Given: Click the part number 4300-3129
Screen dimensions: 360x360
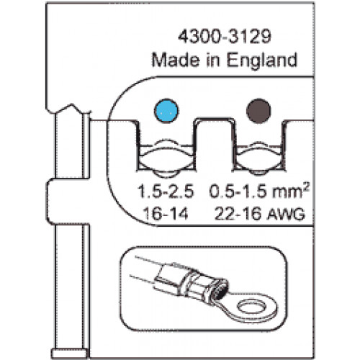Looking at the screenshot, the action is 225,37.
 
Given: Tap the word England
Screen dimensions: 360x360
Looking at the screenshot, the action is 261,60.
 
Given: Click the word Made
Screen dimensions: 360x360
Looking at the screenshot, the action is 176,60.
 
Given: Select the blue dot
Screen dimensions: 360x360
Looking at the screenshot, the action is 166,111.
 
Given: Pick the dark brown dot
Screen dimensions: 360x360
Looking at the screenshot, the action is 258,111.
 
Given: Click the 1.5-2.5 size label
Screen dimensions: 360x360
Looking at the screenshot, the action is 166,192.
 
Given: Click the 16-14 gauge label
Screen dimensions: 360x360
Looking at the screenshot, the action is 166,214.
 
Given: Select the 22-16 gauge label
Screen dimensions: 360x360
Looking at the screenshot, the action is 238,214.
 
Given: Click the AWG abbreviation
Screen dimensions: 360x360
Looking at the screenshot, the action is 286,215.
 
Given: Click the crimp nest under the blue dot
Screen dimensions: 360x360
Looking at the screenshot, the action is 166,156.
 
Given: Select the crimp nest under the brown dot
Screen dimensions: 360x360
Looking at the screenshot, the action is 258,156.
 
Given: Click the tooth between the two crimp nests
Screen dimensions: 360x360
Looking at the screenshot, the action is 215,144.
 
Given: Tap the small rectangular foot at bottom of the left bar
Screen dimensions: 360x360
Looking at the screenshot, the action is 69,354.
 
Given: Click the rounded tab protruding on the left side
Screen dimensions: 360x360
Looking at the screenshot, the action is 67,202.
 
